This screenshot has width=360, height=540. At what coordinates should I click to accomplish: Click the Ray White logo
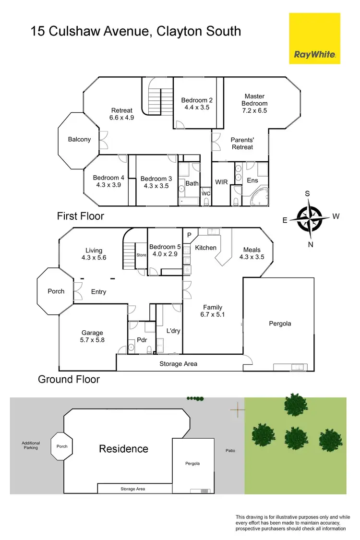pyautogui.click(x=314, y=38)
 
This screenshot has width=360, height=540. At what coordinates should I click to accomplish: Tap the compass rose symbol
pyautogui.click(x=310, y=218)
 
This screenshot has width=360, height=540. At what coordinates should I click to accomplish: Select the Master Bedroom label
pyautogui.click(x=254, y=103)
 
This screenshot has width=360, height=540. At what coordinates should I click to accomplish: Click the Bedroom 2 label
pyautogui.click(x=197, y=104)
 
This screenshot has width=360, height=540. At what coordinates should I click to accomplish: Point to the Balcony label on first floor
pyautogui.click(x=79, y=140)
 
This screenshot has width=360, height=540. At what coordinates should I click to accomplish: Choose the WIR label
pyautogui.click(x=221, y=182)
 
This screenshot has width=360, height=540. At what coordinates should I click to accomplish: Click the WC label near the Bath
pyautogui.click(x=205, y=193)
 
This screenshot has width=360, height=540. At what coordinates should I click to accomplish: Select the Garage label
pyautogui.click(x=92, y=336)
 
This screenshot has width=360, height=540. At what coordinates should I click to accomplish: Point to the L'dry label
pyautogui.click(x=173, y=332)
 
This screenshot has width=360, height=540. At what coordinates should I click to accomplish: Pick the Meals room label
pyautogui.click(x=252, y=253)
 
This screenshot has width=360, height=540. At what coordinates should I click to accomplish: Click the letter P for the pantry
pyautogui.click(x=189, y=235)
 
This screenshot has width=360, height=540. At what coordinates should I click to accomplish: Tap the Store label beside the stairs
pyautogui.click(x=141, y=255)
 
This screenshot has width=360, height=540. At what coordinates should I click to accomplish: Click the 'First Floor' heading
pyautogui.click(x=80, y=216)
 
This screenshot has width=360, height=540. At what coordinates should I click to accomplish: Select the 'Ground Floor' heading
pyautogui.click(x=69, y=379)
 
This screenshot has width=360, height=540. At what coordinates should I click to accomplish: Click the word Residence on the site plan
pyautogui.click(x=123, y=449)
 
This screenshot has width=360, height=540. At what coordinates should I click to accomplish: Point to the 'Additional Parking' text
pyautogui.click(x=31, y=445)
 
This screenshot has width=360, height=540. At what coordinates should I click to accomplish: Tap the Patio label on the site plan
pyautogui.click(x=230, y=451)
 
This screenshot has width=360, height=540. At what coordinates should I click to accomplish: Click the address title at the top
pyautogui.click(x=135, y=32)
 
